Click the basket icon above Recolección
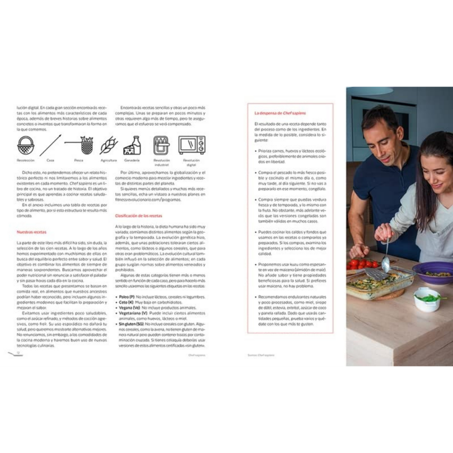tap(25, 146)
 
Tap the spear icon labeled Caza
tap(51, 145)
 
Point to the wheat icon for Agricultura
tap(109, 145)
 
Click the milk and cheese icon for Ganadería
tap(132, 145)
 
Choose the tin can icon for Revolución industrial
tap(161, 145)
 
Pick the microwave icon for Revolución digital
tap(192, 145)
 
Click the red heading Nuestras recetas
tap(31, 232)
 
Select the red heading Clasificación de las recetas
tap(138, 216)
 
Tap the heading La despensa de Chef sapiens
tap(280, 113)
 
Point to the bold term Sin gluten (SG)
tap(131, 324)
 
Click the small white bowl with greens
tap(427, 299)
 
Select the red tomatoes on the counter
tap(360, 263)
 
